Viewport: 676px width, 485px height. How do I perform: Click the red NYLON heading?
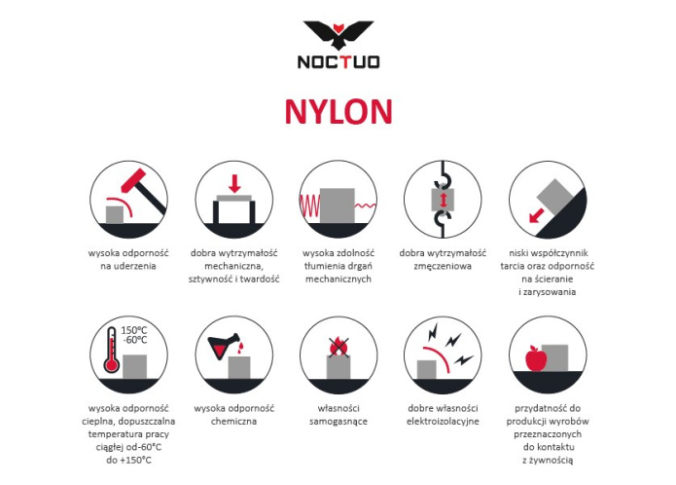[x=338, y=112]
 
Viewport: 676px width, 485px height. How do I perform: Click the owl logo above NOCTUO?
[x=338, y=35]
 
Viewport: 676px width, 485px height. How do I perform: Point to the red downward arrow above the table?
[x=234, y=183]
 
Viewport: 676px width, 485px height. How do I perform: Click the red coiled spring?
[x=309, y=205]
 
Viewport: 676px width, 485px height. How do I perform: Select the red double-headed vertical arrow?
[x=443, y=201]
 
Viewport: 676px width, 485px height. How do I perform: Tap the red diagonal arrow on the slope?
[x=536, y=215]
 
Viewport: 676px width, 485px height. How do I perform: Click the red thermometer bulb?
[x=112, y=365]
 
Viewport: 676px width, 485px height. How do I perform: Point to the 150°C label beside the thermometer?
[x=133, y=330]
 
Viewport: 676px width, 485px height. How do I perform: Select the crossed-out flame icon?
[x=338, y=348]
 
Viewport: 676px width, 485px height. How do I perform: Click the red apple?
[x=536, y=358]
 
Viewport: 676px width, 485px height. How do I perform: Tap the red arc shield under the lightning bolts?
[x=440, y=356]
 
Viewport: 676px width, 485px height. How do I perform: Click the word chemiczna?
[x=233, y=421]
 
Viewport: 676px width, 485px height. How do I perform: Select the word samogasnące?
[x=338, y=422]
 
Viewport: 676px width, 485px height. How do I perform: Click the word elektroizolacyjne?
[x=443, y=422]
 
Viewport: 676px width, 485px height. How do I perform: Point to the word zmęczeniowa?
[x=443, y=266]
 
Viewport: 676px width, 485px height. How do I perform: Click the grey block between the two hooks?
[x=443, y=201]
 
